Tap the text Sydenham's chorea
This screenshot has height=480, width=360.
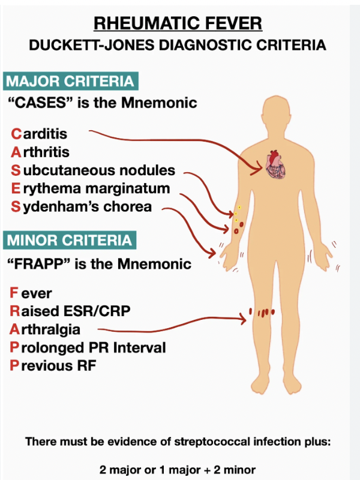pos(82,207)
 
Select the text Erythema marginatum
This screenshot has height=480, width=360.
pos(91,188)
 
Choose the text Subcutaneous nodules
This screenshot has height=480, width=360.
pos(93,170)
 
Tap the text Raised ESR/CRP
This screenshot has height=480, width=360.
pos(70,311)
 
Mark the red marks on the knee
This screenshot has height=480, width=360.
pos(262,313)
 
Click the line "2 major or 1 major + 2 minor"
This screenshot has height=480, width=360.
pos(178,469)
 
